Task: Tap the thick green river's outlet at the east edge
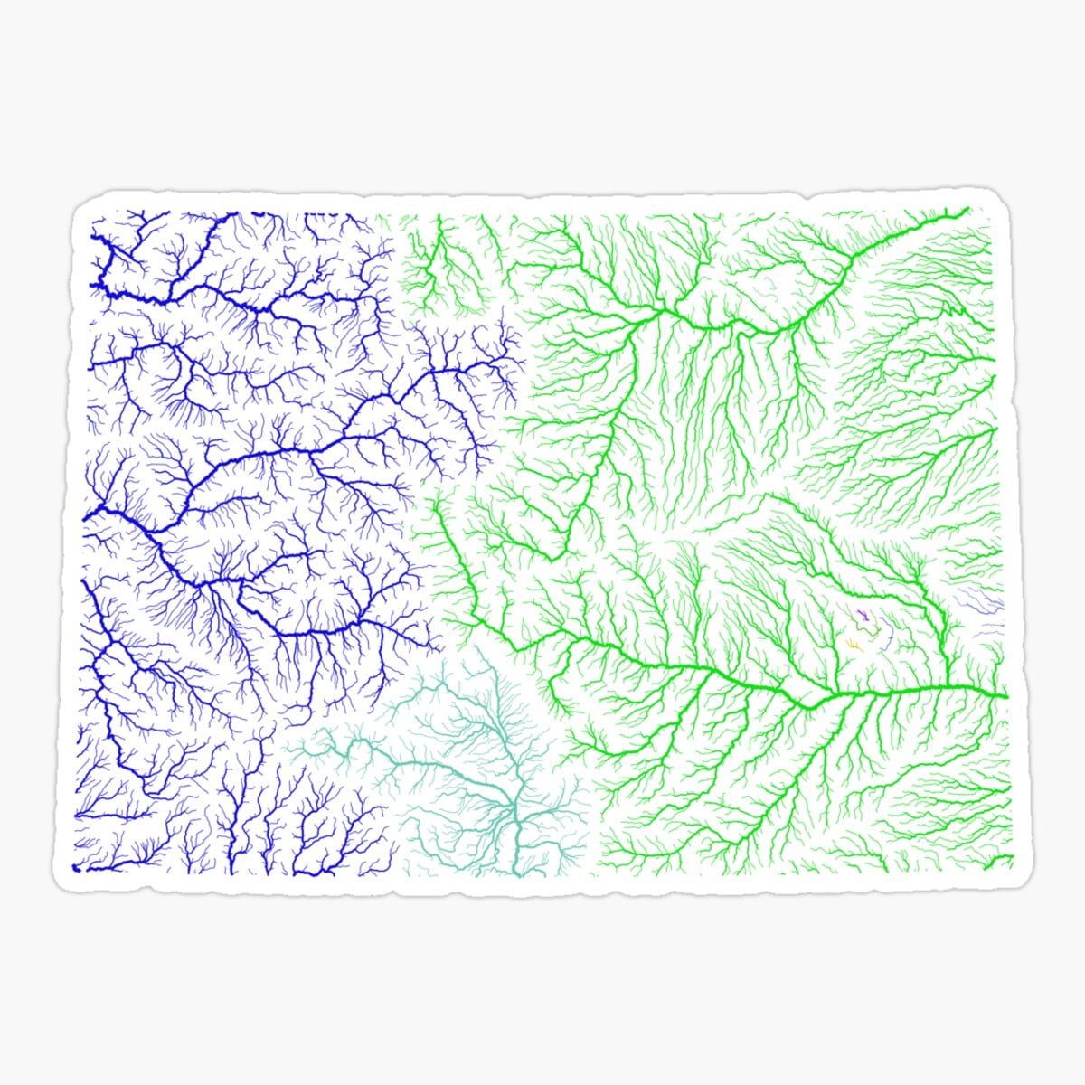[x=1005, y=697]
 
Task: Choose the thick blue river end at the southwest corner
[x=76, y=868]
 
